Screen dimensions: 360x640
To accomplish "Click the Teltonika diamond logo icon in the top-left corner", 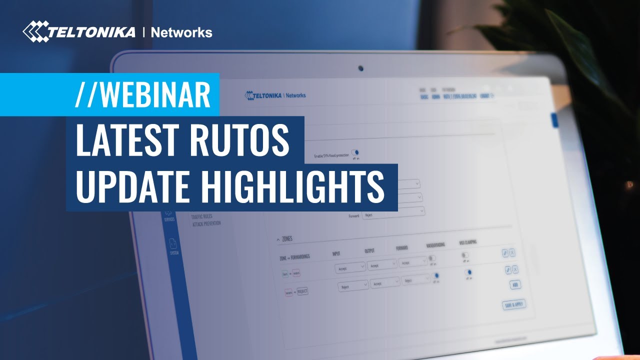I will tap(35, 31).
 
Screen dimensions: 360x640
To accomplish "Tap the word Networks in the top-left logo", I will tap(181, 33).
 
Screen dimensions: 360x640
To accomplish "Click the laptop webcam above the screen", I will tap(360, 68).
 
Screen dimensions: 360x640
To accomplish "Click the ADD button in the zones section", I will tap(514, 285).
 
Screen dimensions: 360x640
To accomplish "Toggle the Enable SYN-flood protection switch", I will tap(355, 152).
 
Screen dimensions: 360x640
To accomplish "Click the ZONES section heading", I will tap(287, 239).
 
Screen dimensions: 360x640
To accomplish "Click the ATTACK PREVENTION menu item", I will tap(206, 224).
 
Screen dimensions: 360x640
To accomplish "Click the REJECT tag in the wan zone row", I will tap(302, 291).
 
